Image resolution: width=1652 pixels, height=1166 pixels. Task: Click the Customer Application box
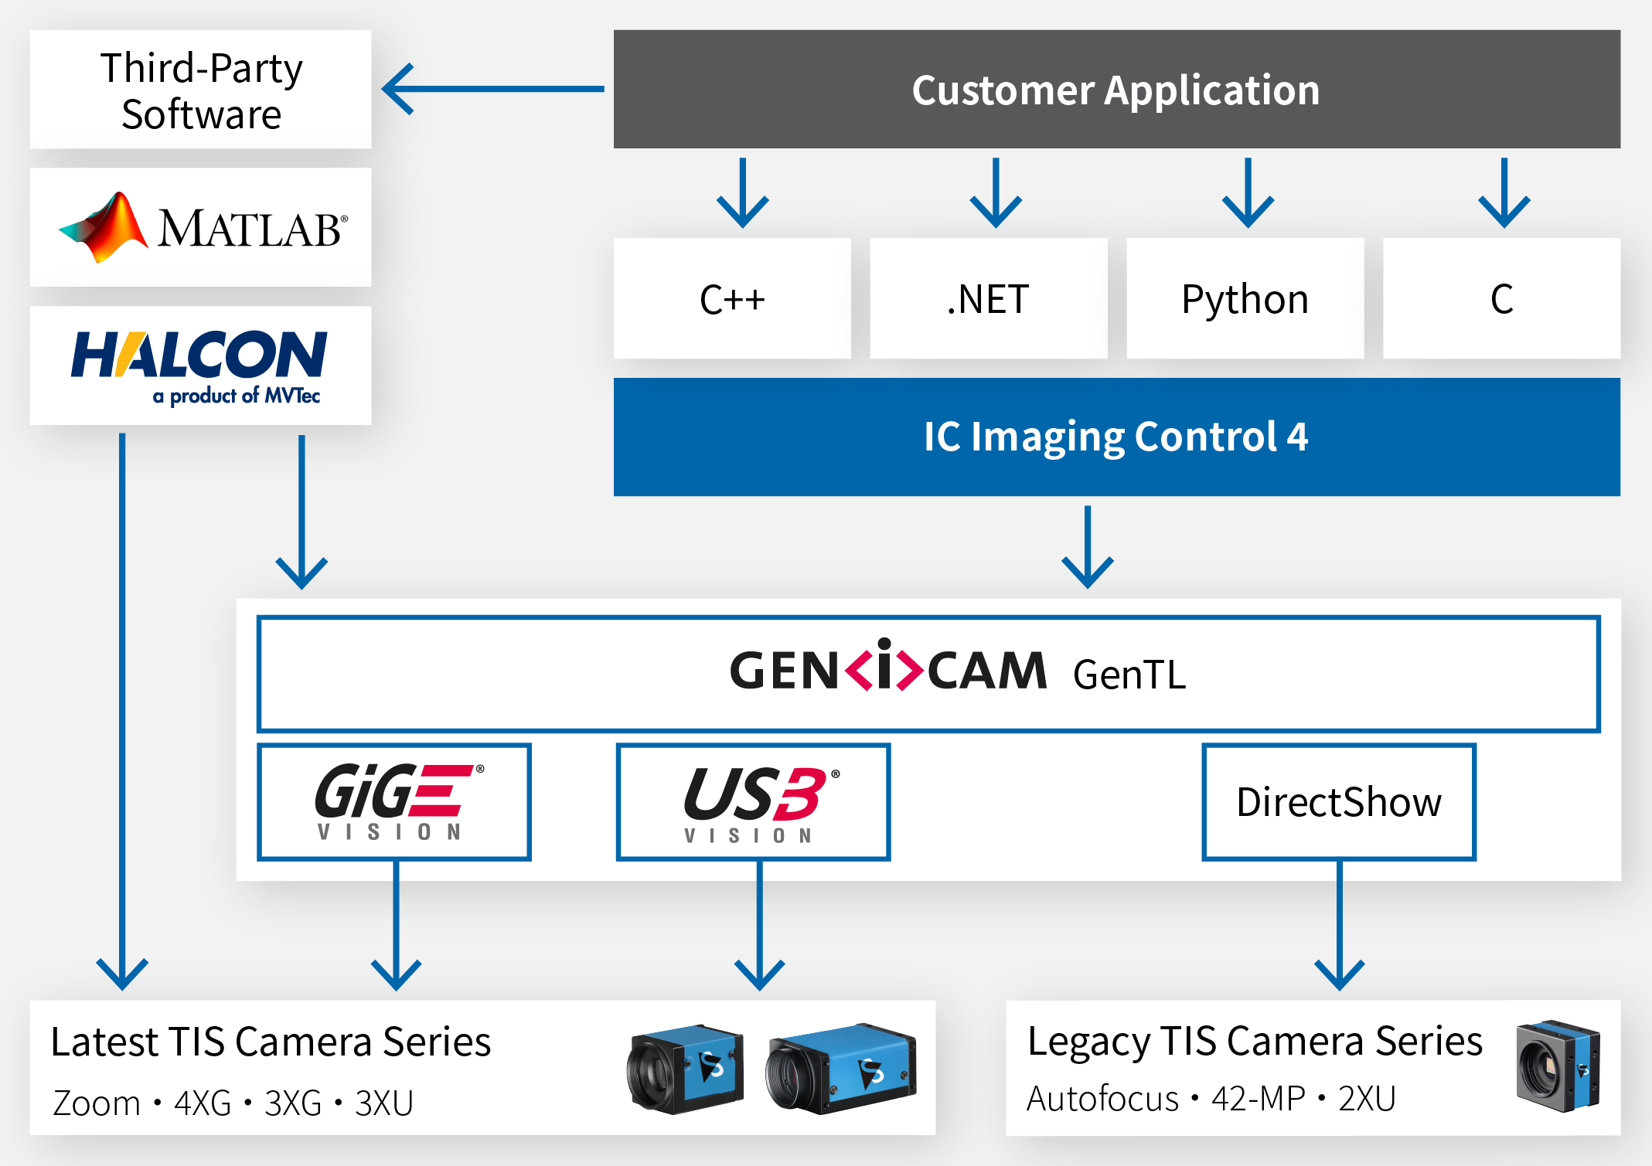pos(1116,90)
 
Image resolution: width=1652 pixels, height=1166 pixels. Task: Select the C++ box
pos(732,299)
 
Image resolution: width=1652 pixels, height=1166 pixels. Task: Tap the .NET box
pos(988,299)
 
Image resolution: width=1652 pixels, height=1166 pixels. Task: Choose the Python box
pos(1245,299)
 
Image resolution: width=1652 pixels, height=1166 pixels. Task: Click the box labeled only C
pos(1501,299)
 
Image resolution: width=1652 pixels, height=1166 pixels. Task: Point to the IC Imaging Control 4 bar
pos(1116,437)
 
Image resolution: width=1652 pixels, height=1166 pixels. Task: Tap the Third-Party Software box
pos(200,90)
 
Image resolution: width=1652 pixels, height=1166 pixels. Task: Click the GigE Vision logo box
pos(394,802)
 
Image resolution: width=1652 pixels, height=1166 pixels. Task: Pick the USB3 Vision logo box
pos(753,802)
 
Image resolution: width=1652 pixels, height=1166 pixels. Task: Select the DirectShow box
pos(1339,802)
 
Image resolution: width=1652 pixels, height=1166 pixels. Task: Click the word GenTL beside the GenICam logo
pos(1129,675)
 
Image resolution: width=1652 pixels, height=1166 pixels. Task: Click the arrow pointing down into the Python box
pos(1248,193)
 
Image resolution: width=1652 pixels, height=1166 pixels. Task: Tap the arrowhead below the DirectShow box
pos(1339,975)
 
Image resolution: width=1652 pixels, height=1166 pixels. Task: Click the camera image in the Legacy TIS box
pos(1557,1066)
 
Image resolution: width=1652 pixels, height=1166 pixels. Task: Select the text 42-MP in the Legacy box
pos(1258,1099)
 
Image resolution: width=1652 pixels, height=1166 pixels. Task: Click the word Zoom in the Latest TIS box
pos(96,1103)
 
